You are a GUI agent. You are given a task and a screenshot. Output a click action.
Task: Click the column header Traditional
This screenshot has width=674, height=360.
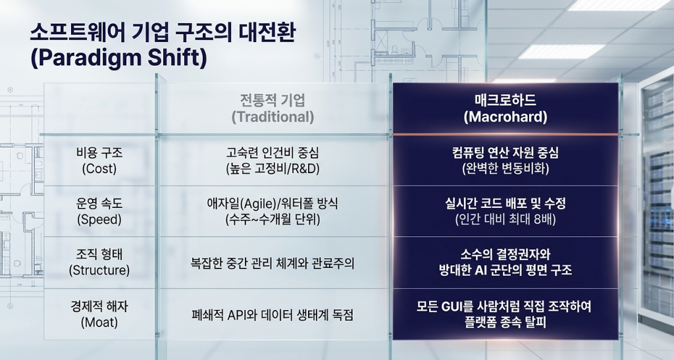pos(272,117)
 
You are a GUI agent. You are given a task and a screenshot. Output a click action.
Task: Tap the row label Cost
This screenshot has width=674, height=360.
pos(99,168)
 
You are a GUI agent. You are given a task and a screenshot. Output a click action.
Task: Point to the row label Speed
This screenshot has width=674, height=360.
pos(99,220)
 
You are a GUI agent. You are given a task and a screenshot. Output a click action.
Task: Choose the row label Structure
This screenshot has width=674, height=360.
pos(99,270)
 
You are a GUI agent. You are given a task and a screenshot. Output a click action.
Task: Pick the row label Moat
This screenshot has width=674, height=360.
pos(99,322)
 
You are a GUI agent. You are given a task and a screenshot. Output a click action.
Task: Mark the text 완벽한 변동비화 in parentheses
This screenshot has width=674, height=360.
pos(505,168)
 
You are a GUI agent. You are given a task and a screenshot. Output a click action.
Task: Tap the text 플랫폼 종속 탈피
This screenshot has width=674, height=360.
pos(505,322)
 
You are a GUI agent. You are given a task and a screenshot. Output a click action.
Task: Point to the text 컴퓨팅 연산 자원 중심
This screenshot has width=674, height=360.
pos(505,153)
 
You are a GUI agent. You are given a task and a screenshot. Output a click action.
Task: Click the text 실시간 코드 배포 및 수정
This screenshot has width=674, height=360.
pos(505,203)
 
